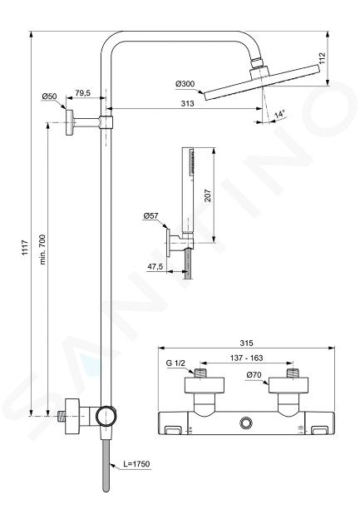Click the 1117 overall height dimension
(25, 248)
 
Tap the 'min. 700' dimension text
(42, 250)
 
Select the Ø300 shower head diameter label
(185, 83)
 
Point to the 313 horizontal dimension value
(187, 103)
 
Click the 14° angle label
(279, 114)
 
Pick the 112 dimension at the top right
(322, 58)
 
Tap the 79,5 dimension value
(82, 92)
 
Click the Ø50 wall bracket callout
(49, 96)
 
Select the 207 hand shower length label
(207, 195)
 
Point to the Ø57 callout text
(150, 216)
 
